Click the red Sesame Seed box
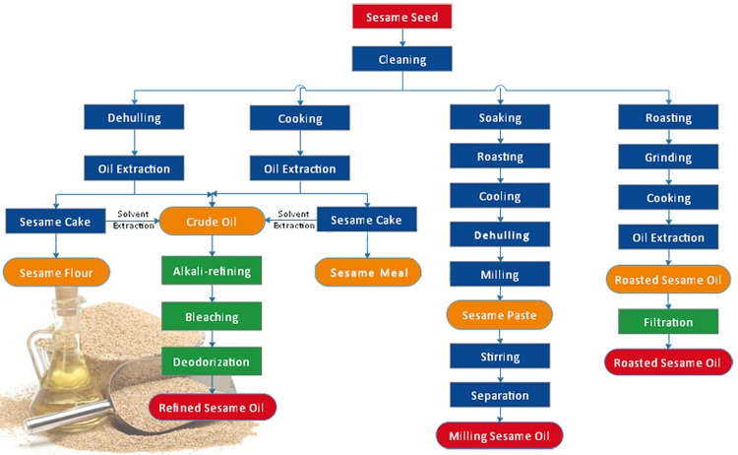401,18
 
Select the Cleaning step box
401,59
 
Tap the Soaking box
500,118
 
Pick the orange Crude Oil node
212,221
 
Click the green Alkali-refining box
212,271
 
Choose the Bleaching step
212,317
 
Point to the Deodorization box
212,362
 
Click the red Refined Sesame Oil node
213,406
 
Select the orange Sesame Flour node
56,271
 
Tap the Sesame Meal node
368,271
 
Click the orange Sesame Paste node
500,315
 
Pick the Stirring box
500,356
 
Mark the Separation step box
500,395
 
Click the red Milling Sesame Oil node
500,435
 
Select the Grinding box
668,158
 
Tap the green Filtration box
668,322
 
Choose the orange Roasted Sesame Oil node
668,280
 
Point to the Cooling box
500,196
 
